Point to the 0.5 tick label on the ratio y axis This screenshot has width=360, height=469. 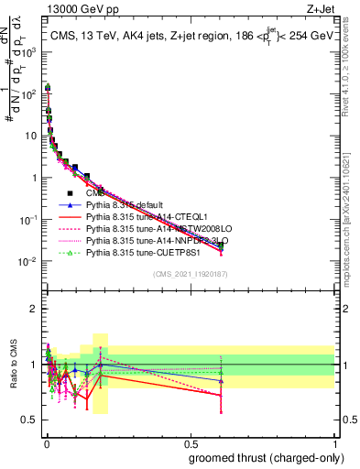point(28,420)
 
